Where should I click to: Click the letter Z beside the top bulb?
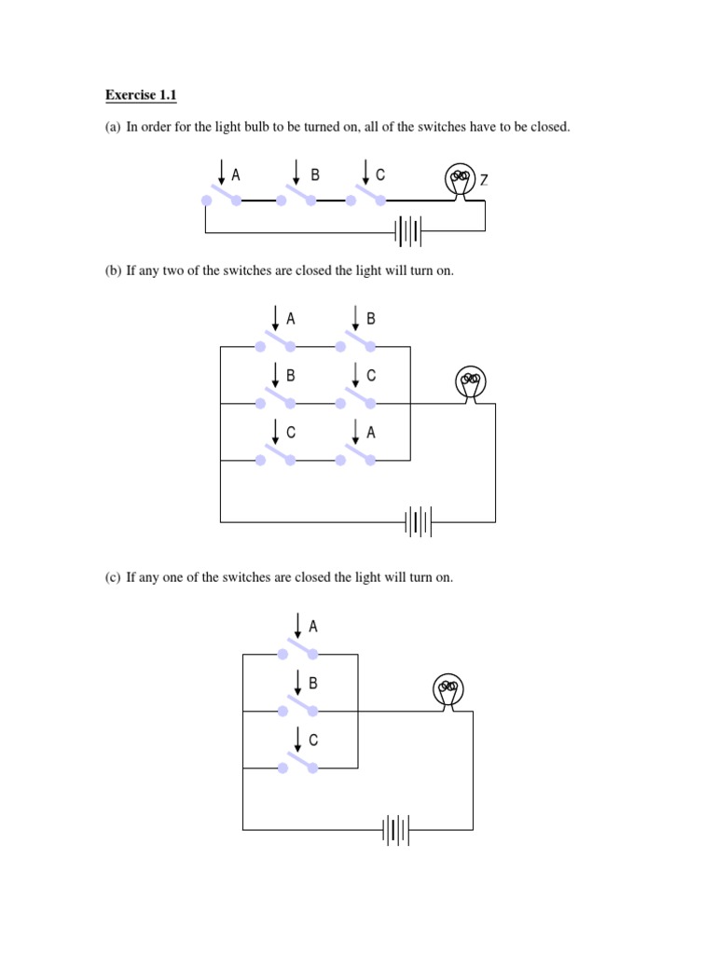484,179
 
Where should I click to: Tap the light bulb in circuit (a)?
459,180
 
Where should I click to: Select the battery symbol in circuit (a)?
407,230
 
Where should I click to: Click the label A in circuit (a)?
236,174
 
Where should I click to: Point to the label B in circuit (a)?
315,174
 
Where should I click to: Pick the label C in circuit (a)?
380,174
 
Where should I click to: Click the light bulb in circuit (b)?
472,382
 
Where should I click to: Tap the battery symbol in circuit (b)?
419,521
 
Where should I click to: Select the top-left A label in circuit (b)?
291,319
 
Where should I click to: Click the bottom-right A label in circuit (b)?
371,433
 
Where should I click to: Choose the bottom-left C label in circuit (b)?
291,433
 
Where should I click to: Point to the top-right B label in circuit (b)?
371,319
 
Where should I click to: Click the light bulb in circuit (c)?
448,691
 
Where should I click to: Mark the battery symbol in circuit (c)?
396,829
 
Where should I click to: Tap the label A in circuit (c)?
313,627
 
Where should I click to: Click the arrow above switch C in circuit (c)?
297,739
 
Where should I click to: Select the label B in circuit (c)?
313,684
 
